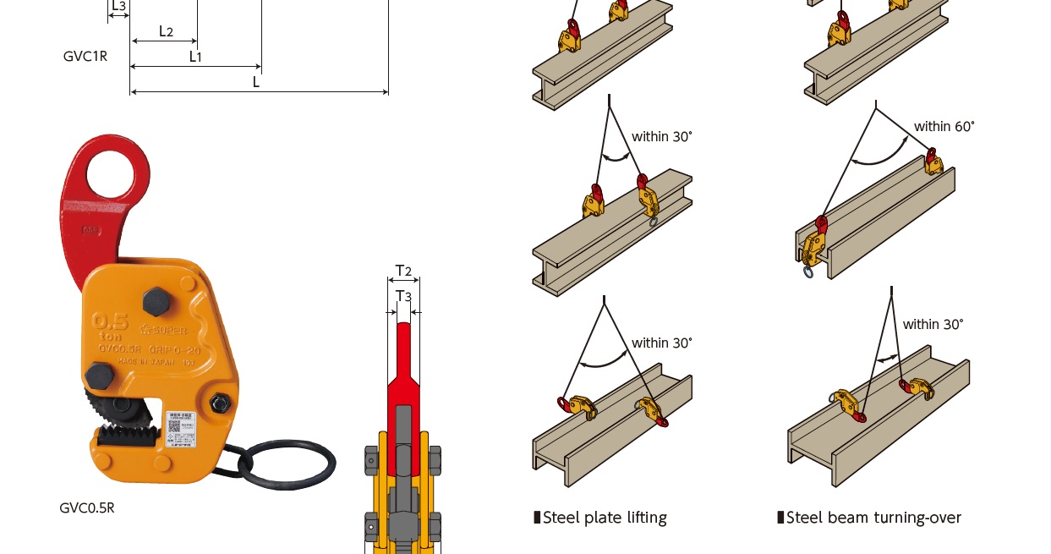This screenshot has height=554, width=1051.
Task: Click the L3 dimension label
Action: (118, 6)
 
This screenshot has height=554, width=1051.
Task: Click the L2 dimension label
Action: (166, 32)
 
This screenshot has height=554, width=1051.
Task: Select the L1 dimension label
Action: (195, 57)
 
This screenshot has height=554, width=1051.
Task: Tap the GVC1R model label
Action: (85, 57)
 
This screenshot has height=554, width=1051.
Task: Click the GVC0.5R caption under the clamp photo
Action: (86, 507)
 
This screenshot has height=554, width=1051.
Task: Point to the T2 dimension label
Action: (403, 272)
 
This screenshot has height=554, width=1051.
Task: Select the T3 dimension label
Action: (403, 296)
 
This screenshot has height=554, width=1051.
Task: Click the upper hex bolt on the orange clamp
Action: (156, 301)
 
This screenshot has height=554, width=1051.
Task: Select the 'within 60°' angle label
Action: (944, 126)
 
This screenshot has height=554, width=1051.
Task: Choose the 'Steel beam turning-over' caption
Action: (873, 518)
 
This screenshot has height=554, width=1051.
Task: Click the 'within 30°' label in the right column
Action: (933, 324)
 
